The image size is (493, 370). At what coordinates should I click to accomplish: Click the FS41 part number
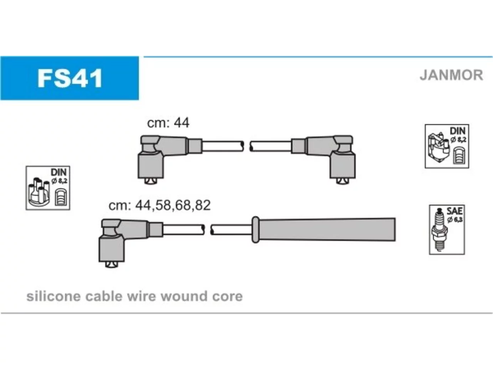click(70, 78)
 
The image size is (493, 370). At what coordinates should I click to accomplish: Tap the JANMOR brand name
click(451, 75)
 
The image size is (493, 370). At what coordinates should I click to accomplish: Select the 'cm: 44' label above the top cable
click(168, 123)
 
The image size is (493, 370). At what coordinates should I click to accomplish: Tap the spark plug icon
click(439, 230)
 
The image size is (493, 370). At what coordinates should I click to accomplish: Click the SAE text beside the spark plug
click(454, 211)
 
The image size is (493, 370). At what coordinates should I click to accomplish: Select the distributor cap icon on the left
click(39, 192)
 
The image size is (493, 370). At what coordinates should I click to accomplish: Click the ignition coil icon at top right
click(439, 147)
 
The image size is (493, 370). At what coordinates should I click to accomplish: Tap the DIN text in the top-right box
click(458, 131)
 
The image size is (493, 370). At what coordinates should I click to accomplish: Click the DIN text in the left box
click(59, 172)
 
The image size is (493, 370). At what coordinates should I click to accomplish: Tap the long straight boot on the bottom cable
click(324, 230)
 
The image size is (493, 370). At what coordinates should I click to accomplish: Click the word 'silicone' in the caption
click(54, 296)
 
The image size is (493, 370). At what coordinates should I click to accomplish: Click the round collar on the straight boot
click(255, 230)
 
